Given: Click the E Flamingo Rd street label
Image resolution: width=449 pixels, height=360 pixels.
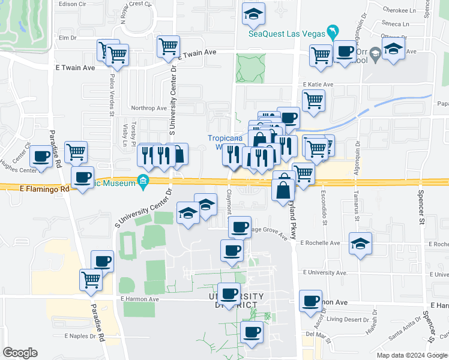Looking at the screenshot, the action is click(44, 188).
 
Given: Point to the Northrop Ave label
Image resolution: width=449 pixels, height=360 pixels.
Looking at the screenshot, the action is click(149, 109).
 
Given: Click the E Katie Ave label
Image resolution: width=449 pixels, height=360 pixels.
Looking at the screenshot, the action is click(318, 85).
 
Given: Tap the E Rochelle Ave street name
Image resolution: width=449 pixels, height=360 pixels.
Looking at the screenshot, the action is click(322, 244).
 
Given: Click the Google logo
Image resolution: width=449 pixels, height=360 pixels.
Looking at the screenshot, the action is click(20, 352).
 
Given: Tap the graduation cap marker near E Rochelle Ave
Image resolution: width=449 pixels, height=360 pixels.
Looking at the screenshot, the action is click(360, 244).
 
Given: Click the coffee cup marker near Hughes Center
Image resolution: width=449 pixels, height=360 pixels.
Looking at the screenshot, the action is click(41, 157).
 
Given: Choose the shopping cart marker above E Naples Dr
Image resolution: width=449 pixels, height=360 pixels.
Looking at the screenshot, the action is click(91, 279).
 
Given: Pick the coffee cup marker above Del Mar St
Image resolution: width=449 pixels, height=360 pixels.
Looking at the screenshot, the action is click(310, 302).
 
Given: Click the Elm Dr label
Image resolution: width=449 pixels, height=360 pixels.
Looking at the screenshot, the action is click(68, 37).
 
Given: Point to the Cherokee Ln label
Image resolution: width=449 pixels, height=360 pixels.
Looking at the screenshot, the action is click(401, 11).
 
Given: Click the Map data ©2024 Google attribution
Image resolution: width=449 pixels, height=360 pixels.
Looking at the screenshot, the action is click(412, 355).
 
